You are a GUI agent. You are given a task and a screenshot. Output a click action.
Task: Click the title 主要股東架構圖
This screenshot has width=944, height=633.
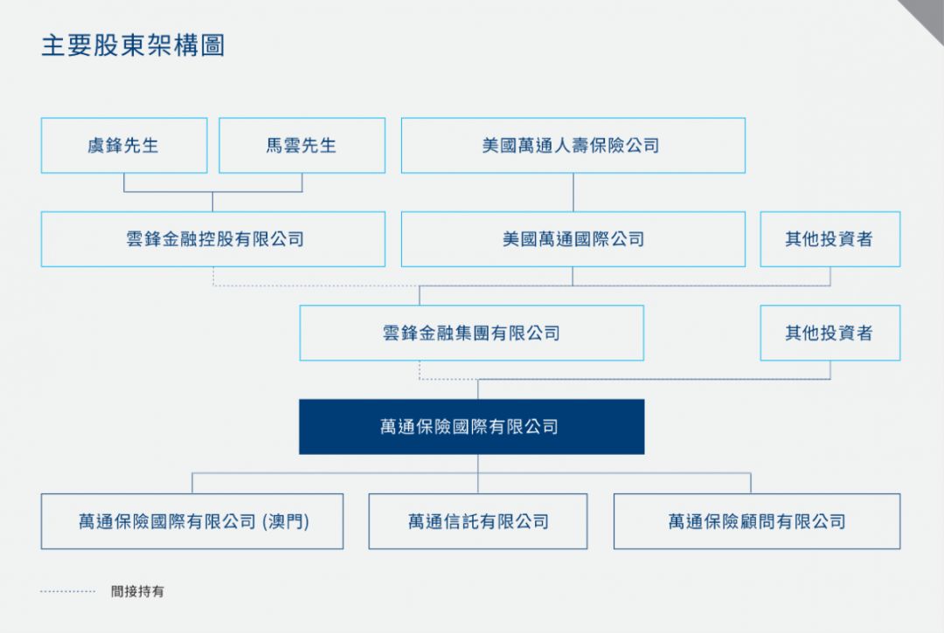[133, 45]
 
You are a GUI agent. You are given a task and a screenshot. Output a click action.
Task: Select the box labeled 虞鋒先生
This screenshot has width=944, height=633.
[124, 146]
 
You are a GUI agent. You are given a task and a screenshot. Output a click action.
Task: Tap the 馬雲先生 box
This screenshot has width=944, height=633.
[302, 146]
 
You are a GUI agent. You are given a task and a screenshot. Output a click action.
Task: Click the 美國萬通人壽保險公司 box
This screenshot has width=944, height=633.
[573, 146]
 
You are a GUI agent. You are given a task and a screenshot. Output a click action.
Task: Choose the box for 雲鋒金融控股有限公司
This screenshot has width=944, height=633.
[213, 239]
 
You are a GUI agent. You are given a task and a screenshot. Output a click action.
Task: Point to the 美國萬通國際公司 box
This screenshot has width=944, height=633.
[573, 239]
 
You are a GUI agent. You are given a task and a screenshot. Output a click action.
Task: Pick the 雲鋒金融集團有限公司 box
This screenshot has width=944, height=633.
[471, 333]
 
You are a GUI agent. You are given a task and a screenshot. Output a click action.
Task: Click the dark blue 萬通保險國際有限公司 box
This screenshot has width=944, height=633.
[471, 427]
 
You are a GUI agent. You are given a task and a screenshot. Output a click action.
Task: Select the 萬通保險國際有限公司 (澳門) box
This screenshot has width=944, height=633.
[192, 521]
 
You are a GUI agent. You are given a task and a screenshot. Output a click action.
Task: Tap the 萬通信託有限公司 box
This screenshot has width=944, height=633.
[478, 521]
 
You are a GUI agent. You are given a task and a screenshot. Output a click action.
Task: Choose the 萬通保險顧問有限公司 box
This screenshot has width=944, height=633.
[757, 521]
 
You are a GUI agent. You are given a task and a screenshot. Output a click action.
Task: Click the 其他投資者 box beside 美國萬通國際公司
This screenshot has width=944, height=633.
[830, 239]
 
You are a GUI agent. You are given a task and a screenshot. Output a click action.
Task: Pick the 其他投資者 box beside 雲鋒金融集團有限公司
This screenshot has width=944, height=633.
[830, 333]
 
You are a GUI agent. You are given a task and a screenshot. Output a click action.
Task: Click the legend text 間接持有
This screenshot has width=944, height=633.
[137, 591]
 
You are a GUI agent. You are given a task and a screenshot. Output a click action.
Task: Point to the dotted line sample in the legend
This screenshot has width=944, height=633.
[67, 591]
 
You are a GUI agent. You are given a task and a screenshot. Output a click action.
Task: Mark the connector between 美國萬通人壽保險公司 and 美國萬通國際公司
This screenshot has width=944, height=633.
[573, 192]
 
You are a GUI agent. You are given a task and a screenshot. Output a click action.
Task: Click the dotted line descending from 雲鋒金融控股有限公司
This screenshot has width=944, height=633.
[213, 276]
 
